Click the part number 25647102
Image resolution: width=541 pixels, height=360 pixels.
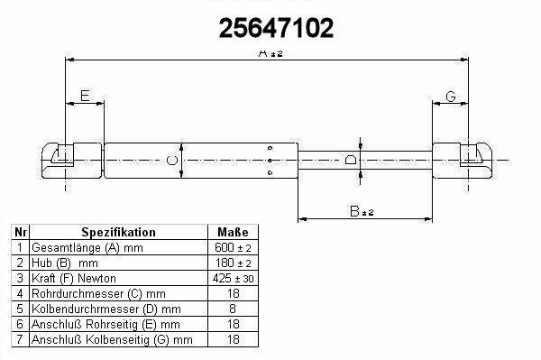[x=276, y=28]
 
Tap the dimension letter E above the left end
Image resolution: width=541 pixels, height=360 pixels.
[x=85, y=96]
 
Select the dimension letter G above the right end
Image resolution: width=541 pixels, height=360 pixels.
[x=451, y=97]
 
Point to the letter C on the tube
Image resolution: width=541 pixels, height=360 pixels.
[x=172, y=161]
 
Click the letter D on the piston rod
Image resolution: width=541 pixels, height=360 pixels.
[x=351, y=160]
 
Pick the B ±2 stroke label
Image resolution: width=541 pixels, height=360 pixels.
[x=362, y=211]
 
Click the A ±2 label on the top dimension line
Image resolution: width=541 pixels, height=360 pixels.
[x=270, y=53]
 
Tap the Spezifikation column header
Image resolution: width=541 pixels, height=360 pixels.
[x=118, y=232]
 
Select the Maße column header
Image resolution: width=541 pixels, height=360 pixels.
[x=233, y=232]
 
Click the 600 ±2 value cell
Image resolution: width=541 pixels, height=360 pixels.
[x=233, y=247]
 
